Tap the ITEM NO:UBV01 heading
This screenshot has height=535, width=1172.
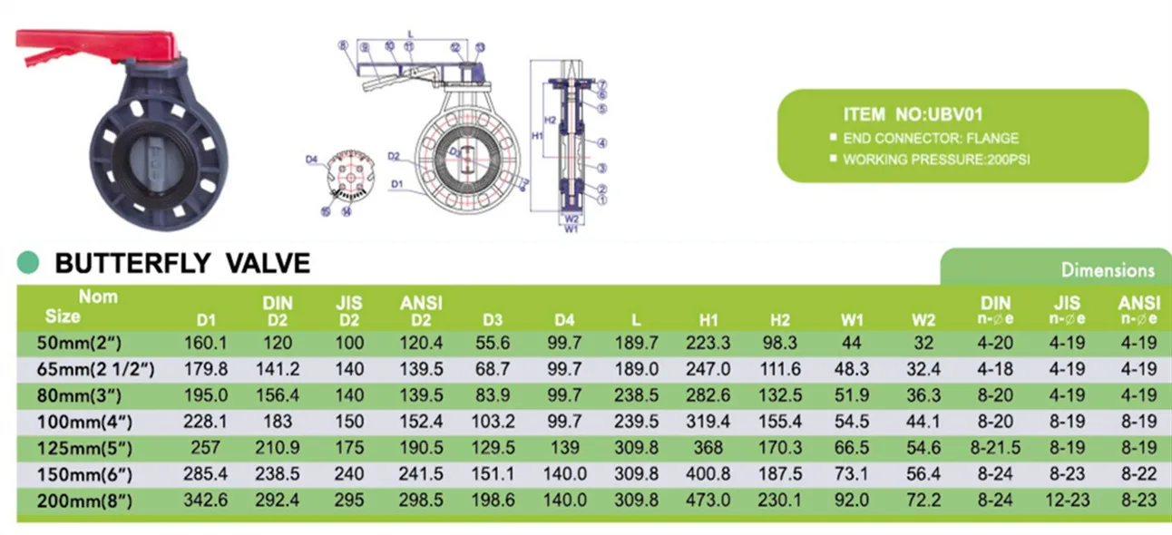click(913, 114)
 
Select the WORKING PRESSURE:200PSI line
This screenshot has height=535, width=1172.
click(936, 160)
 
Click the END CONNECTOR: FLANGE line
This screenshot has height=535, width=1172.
click(931, 139)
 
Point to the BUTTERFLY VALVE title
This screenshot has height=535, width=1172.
click(182, 263)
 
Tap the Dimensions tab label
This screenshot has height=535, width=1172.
click(1108, 269)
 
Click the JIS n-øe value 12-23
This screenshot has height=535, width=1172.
click(1067, 501)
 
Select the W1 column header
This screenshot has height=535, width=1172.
click(851, 319)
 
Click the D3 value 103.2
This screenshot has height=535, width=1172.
click(493, 422)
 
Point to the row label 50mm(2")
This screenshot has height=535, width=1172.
click(87, 343)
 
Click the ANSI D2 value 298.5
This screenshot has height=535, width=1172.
click(421, 501)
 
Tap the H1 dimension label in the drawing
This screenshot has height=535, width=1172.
click(537, 135)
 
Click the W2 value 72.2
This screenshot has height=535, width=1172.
click(923, 501)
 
